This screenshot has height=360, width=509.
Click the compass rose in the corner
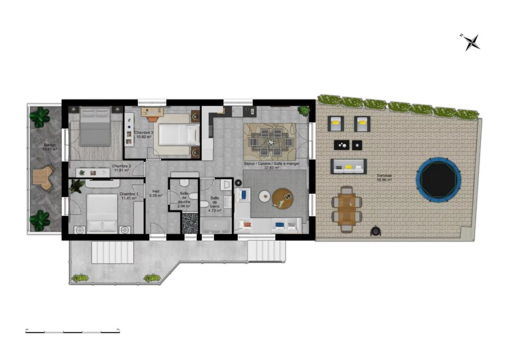(471, 42)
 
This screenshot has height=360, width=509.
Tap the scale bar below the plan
(73, 331)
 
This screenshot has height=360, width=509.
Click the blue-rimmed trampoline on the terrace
(438, 179)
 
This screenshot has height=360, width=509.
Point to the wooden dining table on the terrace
(346, 209)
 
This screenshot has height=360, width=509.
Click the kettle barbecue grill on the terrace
(376, 231)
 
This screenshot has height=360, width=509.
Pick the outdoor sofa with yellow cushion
(348, 166)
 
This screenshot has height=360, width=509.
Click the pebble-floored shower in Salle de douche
(190, 223)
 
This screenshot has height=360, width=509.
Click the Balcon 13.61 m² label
(50, 147)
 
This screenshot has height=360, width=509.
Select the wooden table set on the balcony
(42, 178)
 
